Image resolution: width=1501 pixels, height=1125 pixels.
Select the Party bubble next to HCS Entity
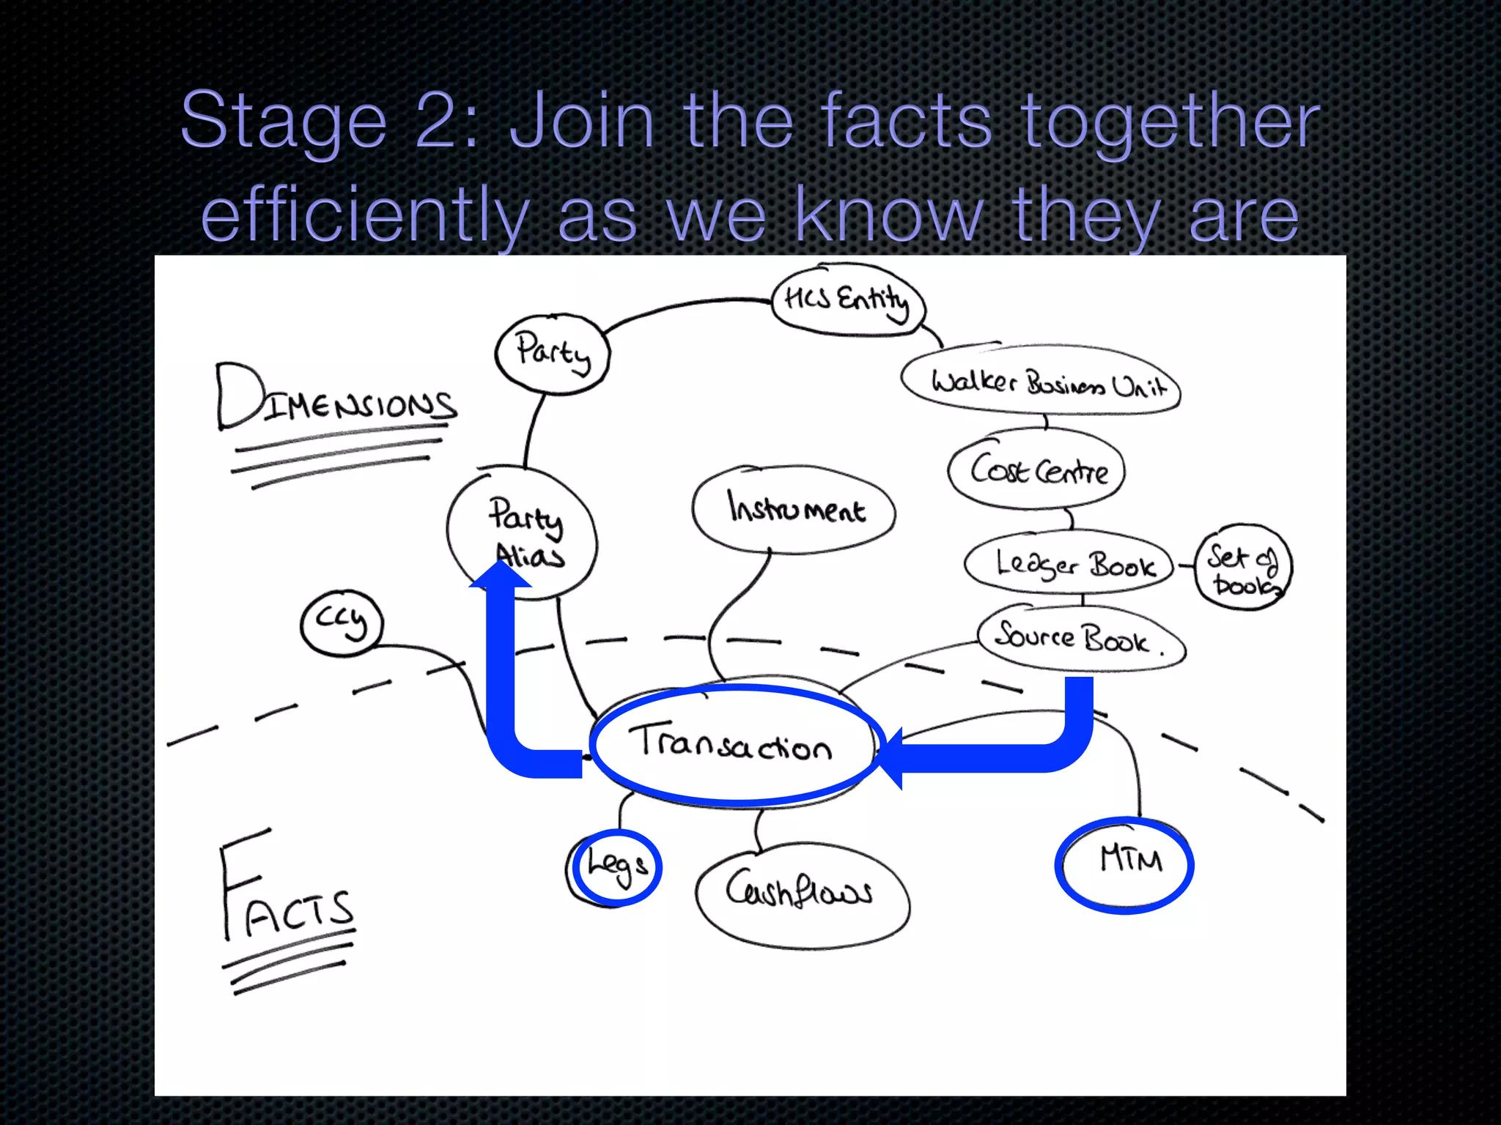[553, 354]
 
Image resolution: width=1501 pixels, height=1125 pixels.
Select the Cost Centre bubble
[1037, 469]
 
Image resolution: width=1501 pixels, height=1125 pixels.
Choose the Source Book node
[1080, 637]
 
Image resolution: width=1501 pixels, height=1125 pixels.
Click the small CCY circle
[342, 623]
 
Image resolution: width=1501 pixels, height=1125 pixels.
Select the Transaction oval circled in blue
[734, 745]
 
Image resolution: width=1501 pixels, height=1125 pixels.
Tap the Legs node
[616, 867]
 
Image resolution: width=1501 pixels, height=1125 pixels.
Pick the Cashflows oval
[802, 892]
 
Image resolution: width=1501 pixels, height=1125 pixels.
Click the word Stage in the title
[283, 121]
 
